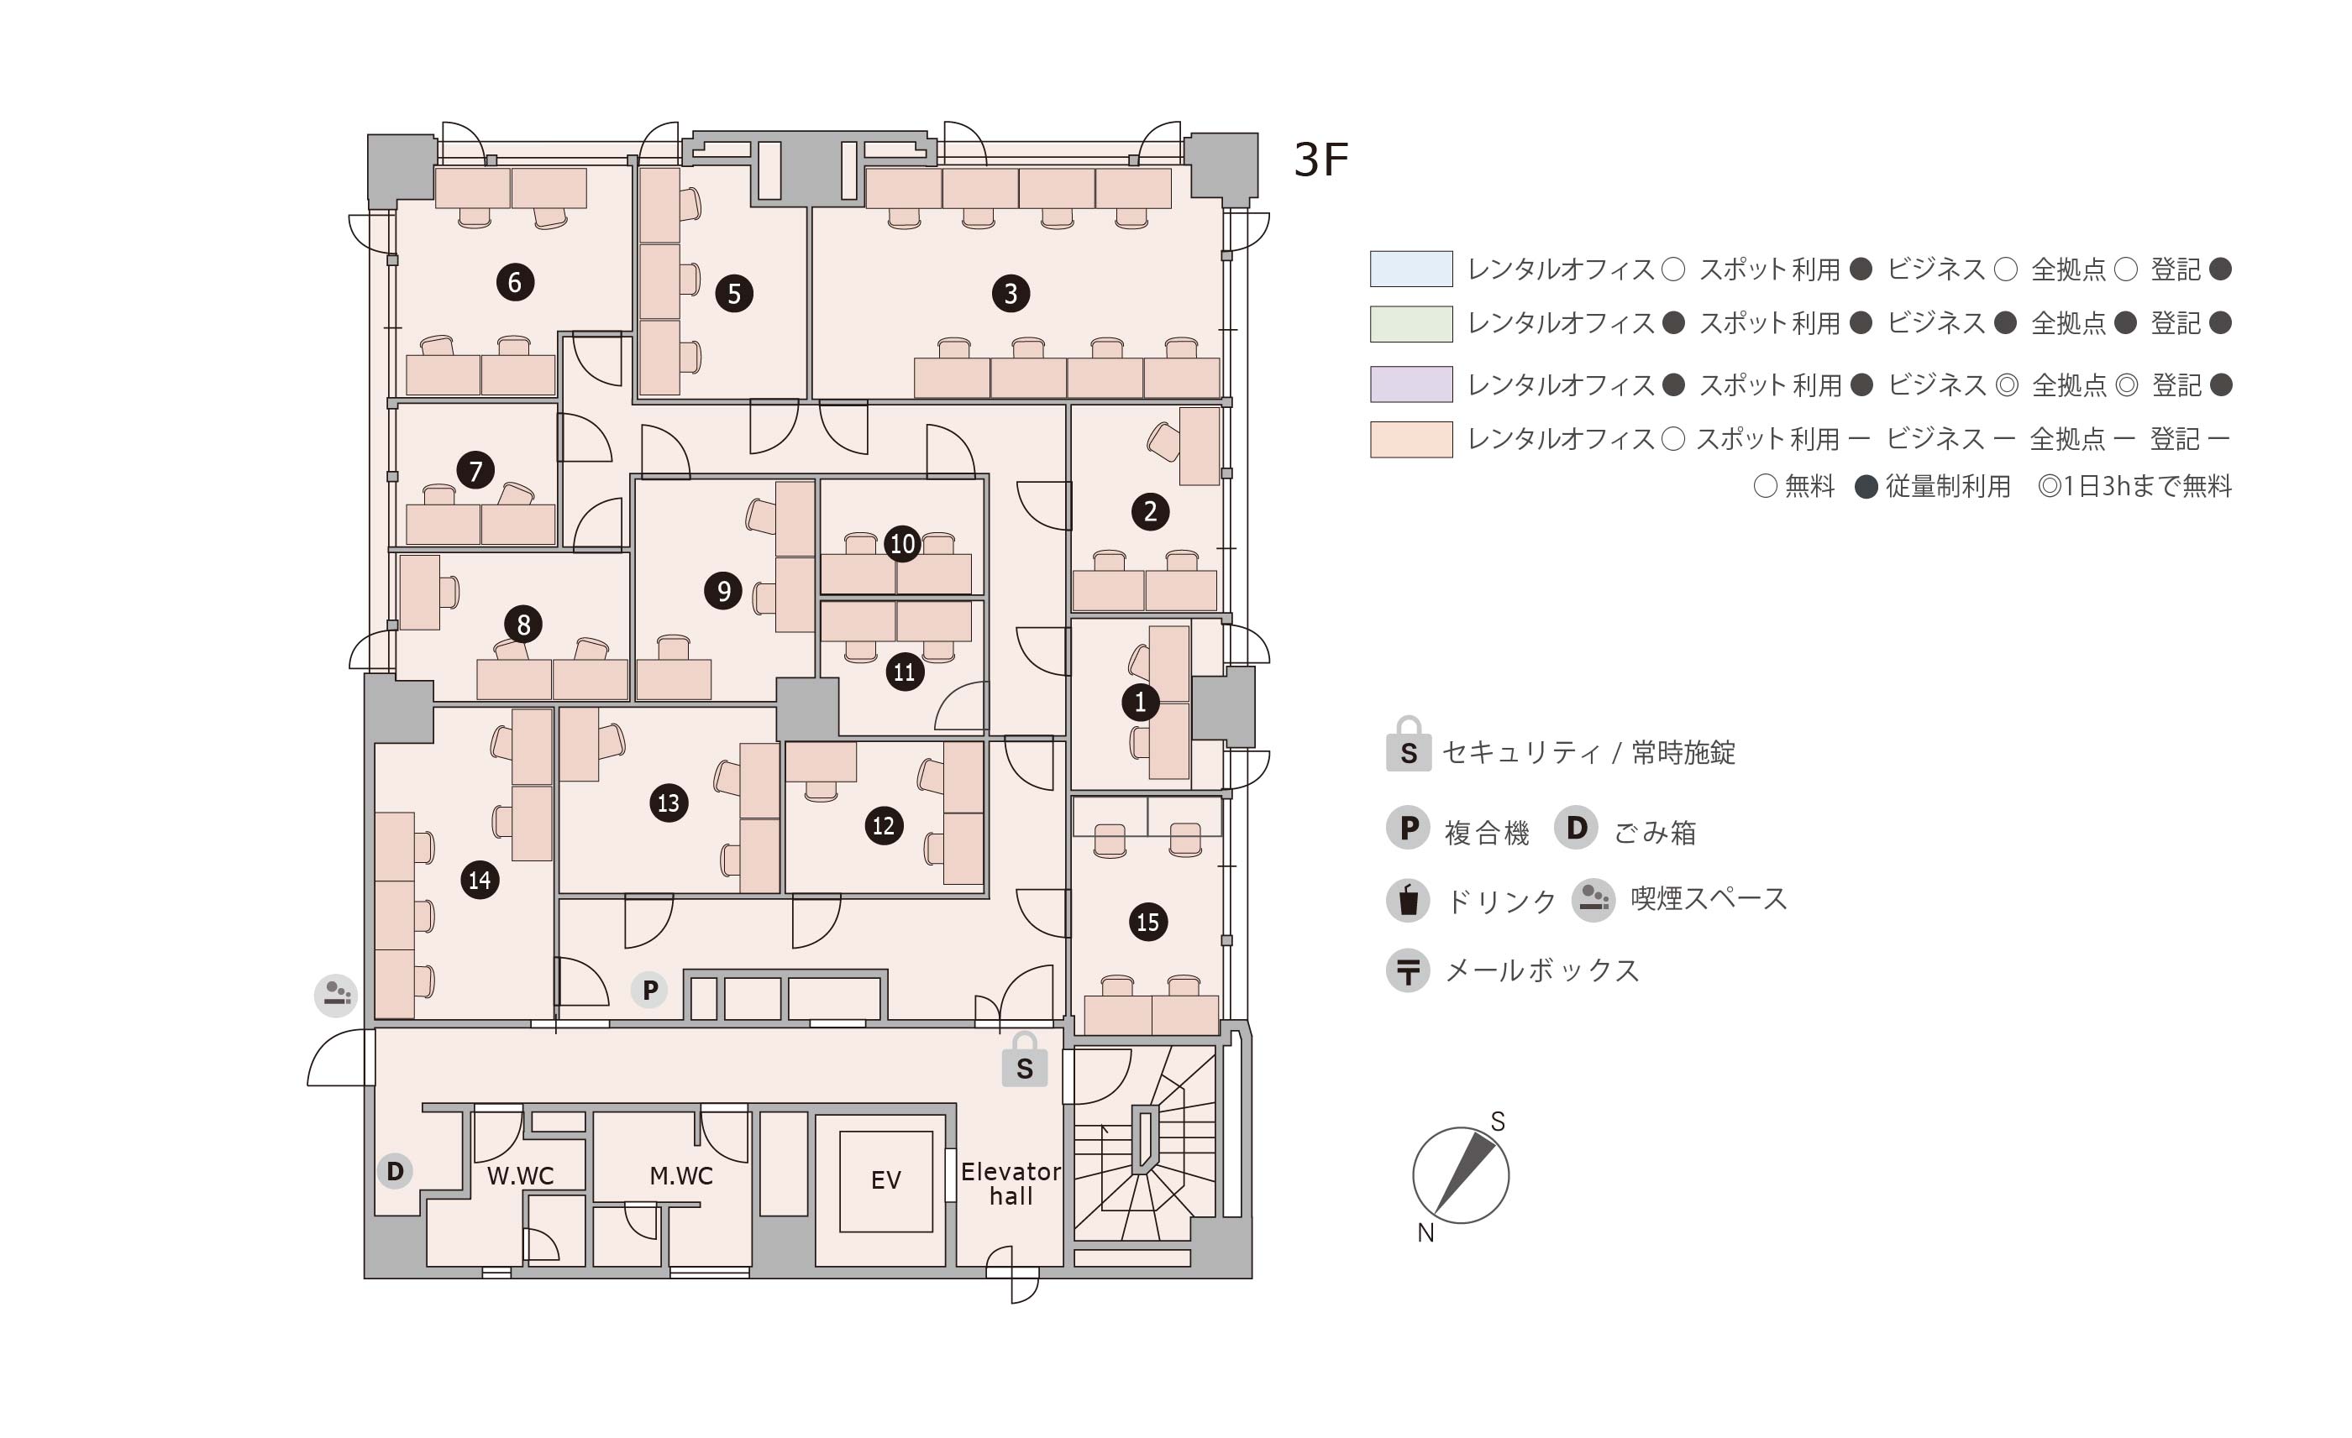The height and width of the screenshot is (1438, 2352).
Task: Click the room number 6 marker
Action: coord(514,282)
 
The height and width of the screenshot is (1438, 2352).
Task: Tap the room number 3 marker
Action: coord(1011,293)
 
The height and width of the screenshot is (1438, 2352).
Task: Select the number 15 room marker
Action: coord(1147,922)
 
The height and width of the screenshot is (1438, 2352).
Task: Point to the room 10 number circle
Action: coord(902,544)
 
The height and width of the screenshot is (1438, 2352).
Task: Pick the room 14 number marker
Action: coord(479,880)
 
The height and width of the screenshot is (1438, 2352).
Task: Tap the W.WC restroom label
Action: coord(520,1175)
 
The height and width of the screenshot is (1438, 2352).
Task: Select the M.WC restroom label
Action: coord(680,1175)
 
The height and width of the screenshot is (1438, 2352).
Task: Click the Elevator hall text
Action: coord(1010,1184)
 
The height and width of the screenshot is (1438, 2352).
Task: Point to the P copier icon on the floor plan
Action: coord(650,991)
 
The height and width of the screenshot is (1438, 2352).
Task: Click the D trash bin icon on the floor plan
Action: coord(394,1171)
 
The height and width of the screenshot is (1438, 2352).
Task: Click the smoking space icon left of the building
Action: coord(336,996)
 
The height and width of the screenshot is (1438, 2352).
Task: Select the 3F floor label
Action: coord(1320,160)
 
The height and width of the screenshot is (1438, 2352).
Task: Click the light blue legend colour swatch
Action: coord(1411,269)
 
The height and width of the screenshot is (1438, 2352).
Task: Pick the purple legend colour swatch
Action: coord(1411,384)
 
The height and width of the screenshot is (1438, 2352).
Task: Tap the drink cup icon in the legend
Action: coord(1408,900)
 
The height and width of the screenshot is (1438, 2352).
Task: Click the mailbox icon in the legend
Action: coord(1408,971)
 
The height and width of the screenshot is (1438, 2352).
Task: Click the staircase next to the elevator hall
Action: coord(1143,1145)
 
